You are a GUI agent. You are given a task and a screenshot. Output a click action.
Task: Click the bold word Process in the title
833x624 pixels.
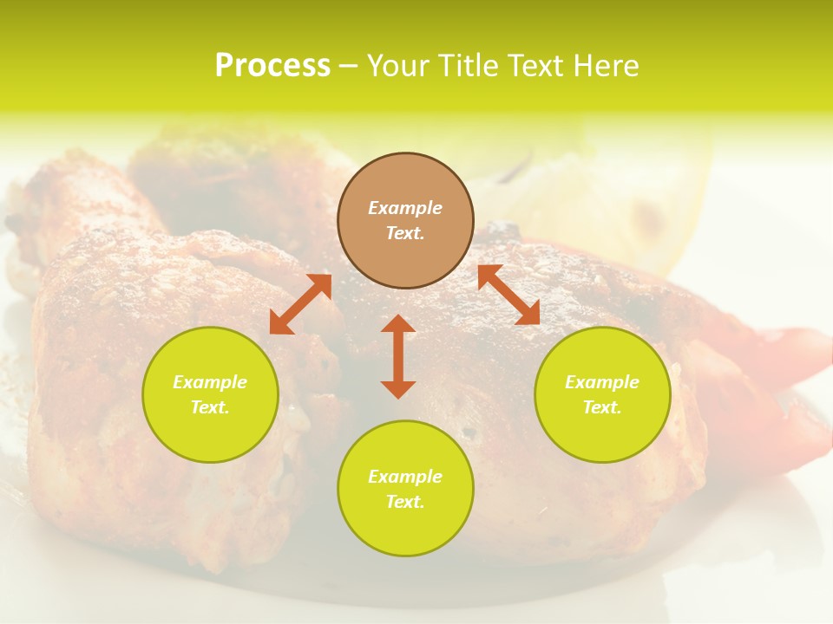coord(272,66)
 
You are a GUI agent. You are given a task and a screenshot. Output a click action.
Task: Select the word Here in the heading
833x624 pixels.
coord(606,66)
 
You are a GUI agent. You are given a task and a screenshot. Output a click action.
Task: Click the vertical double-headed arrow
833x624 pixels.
coord(398,356)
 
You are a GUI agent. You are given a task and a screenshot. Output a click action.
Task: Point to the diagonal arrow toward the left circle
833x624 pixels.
coord(300,304)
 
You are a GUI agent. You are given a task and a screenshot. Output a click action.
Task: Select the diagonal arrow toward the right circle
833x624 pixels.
coord(508,295)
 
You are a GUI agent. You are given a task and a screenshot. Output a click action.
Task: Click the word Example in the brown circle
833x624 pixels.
coord(405,208)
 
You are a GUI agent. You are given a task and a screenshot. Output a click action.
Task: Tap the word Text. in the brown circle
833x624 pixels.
coord(405,233)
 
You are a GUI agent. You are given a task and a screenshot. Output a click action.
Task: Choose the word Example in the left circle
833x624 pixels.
coord(210,382)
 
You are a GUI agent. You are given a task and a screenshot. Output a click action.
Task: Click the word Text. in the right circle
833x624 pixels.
coord(602,407)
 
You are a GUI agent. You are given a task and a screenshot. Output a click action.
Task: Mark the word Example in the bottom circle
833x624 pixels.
coord(405,477)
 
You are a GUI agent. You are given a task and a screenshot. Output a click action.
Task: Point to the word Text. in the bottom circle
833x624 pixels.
coord(405,502)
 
